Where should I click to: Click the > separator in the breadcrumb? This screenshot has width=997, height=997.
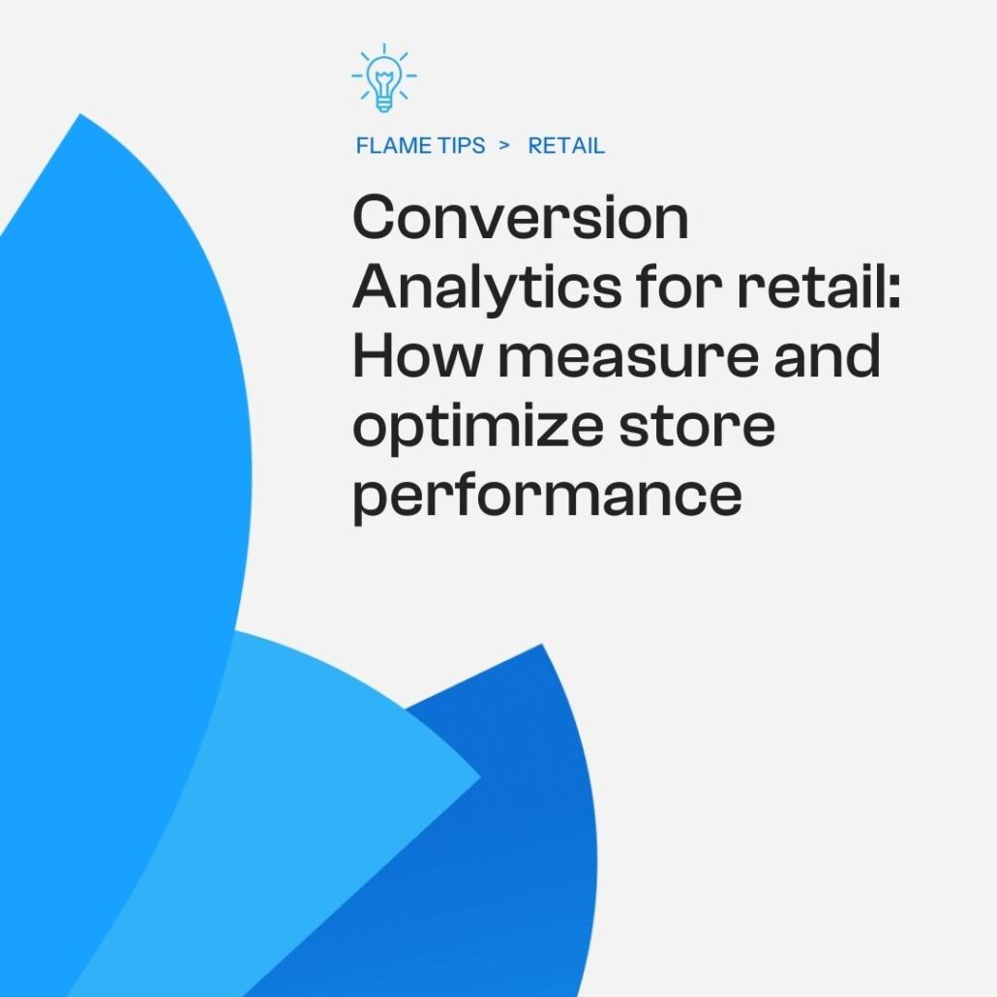pos(503,146)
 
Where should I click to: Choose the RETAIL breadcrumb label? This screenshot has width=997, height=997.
pos(566,146)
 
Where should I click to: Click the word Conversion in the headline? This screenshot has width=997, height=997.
pos(521,219)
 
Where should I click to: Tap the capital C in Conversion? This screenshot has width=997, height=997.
pos(377,219)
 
